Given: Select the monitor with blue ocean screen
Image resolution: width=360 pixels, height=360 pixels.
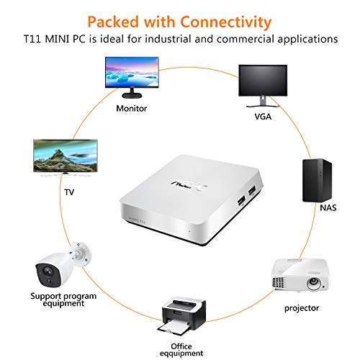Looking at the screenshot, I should pyautogui.click(x=131, y=78).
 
